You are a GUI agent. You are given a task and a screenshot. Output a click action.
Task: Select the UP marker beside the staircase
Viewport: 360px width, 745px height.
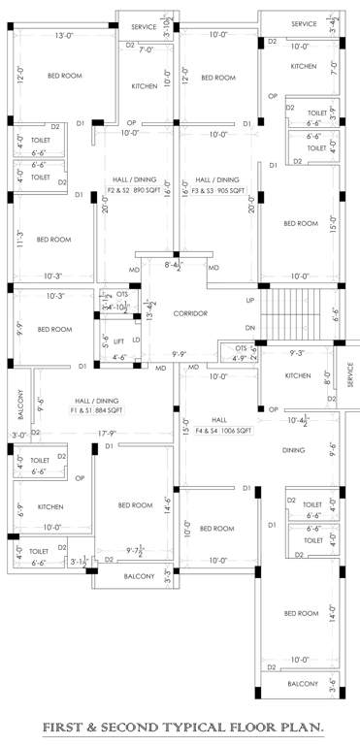tap(250, 301)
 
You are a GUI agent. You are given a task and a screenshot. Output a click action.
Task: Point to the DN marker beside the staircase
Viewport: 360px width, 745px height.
tap(250, 327)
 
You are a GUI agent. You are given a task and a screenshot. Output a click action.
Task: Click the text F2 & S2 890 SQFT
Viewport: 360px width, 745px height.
tap(133, 191)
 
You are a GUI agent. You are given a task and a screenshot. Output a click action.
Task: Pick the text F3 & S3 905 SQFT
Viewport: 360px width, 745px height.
tap(217, 191)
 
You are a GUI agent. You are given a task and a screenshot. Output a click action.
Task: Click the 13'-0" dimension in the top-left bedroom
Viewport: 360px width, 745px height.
tap(65, 36)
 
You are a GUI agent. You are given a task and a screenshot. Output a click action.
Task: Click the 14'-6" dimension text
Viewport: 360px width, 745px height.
tap(167, 505)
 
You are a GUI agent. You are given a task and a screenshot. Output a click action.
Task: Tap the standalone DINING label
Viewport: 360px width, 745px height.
tap(293, 450)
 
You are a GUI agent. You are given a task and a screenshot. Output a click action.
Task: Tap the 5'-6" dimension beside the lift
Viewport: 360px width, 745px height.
tap(106, 341)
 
